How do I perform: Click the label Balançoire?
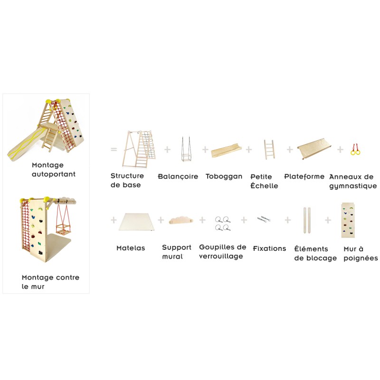coord(178,177)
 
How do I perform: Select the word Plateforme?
coord(304,177)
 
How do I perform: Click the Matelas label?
coord(131,248)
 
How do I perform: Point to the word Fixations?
coord(269,248)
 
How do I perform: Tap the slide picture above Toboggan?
coord(227,151)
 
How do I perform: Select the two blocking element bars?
coord(308,220)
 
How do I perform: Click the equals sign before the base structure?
coord(114,149)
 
